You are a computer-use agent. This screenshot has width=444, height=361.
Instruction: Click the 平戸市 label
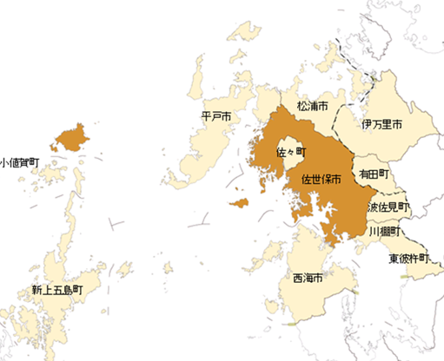click(215, 115)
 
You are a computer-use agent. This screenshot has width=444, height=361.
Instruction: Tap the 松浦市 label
click(312, 106)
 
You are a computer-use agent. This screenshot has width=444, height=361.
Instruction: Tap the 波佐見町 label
click(388, 208)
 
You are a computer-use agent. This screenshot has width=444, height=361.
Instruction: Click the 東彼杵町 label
click(408, 258)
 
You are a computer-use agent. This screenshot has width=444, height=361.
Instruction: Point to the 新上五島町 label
click(56, 290)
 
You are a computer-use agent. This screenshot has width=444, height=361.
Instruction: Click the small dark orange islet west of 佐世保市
click(239, 203)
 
